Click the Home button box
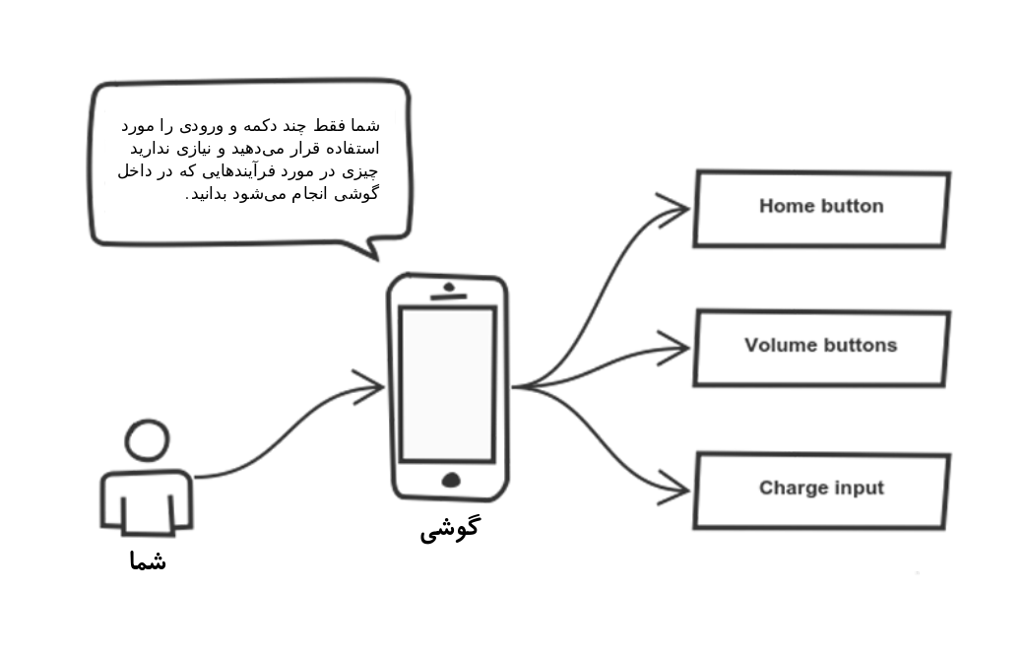click(x=822, y=209)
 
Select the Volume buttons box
click(x=822, y=348)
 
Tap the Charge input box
click(x=822, y=491)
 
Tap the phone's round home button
click(x=451, y=481)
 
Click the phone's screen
click(x=448, y=385)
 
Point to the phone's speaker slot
click(x=448, y=296)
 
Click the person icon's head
click(x=148, y=440)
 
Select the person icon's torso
click(x=147, y=501)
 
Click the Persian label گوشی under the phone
click(x=450, y=528)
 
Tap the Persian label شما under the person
click(x=148, y=561)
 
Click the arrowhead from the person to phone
click(x=369, y=387)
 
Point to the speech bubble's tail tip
click(x=377, y=260)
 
